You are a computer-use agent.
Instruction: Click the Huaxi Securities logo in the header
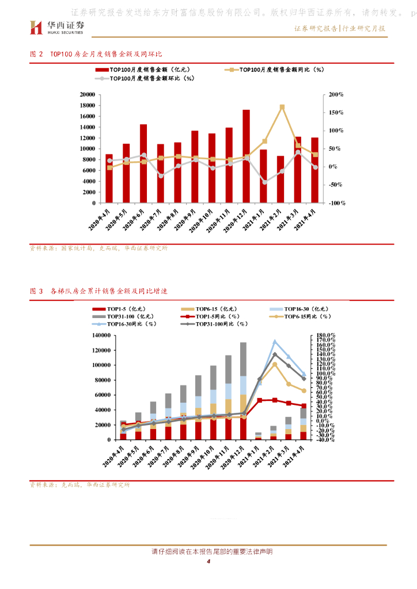tap(57, 26)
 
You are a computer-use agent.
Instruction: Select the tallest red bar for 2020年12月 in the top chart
tap(246, 155)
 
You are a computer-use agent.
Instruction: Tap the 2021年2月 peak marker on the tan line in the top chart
tap(282, 107)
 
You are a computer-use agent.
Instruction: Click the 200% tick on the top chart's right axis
tap(334, 94)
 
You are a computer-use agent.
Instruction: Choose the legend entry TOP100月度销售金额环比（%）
tap(151, 79)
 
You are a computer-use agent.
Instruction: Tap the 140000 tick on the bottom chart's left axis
tap(100, 335)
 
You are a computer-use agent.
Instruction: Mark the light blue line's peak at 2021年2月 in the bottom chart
tap(274, 342)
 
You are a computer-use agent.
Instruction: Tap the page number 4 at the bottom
tap(208, 562)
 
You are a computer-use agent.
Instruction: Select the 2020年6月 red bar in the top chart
tap(143, 163)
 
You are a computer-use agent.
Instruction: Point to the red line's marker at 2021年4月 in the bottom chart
tap(304, 406)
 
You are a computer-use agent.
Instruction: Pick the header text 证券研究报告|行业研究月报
tap(340, 28)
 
